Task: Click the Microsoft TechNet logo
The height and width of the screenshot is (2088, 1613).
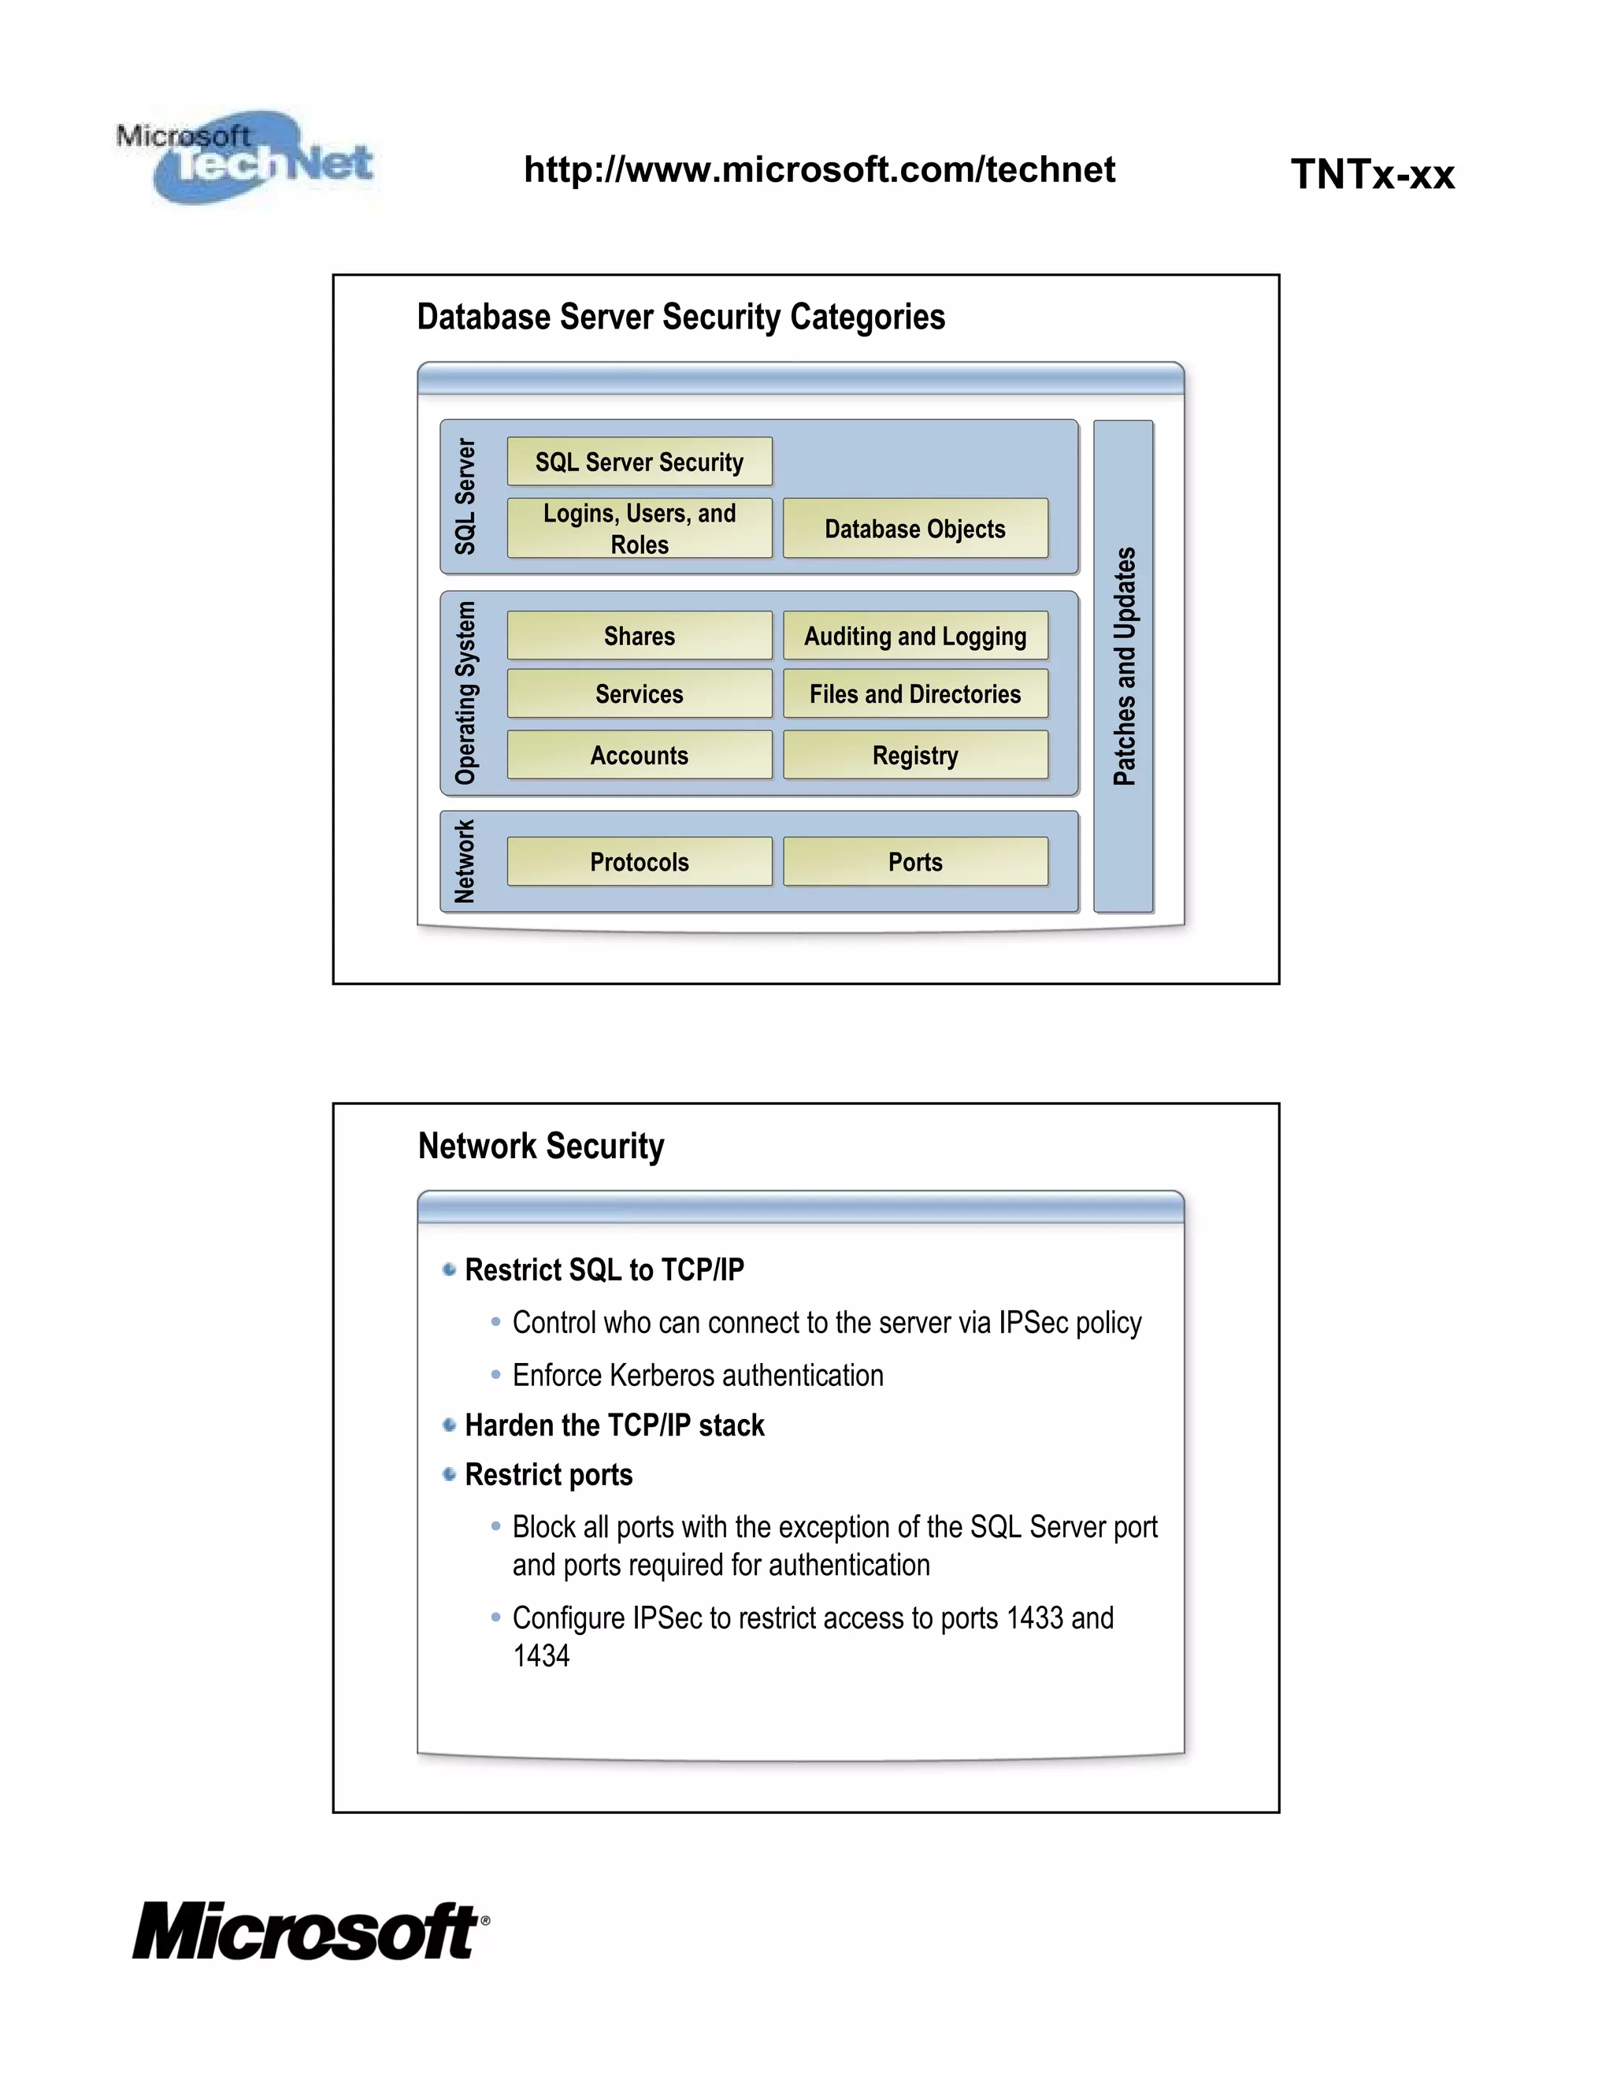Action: tap(246, 156)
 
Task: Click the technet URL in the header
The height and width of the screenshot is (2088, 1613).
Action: tap(819, 169)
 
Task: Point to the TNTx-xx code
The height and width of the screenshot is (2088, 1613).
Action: tap(1371, 174)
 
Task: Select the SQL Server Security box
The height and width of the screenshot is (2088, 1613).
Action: tap(640, 462)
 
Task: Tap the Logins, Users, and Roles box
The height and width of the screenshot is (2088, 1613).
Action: tap(640, 529)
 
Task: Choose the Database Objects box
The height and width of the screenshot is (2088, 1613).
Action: tap(914, 529)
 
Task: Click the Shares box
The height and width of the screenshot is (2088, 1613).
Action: tap(640, 636)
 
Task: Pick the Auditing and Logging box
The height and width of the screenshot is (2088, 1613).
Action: tap(914, 636)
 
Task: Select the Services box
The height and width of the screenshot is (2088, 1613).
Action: tap(640, 693)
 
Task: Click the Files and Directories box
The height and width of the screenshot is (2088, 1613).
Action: tap(914, 693)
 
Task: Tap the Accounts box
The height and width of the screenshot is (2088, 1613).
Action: tap(640, 756)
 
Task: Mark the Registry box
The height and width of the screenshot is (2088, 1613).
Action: tap(914, 756)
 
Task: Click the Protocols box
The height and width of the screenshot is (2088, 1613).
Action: tap(640, 861)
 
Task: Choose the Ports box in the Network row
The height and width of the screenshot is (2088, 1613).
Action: tap(914, 861)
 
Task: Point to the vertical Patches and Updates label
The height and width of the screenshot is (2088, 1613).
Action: tap(1125, 667)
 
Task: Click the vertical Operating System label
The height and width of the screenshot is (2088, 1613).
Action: tap(465, 693)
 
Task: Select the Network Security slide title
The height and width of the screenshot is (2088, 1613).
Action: tap(541, 1146)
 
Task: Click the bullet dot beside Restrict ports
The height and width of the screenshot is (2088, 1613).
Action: tap(449, 1474)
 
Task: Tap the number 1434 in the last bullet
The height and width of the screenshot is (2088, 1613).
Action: tap(541, 1656)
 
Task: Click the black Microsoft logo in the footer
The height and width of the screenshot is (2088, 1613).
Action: tap(309, 1931)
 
